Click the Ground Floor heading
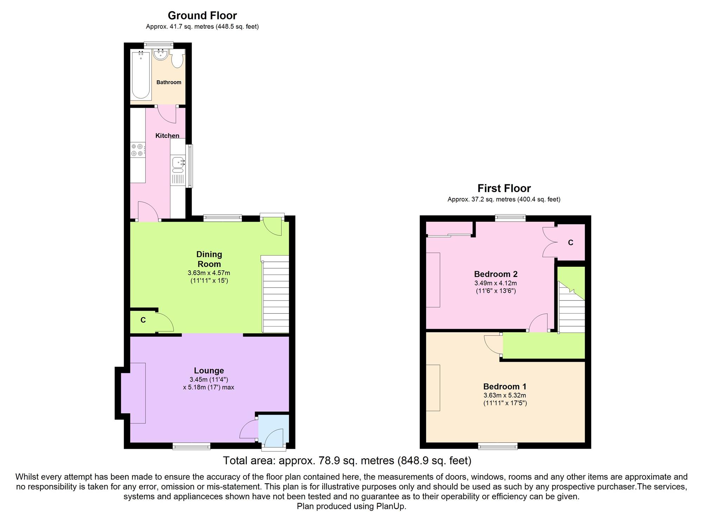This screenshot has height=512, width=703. point(202,15)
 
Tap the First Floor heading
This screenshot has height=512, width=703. point(504,188)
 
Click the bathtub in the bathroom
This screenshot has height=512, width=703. point(141,75)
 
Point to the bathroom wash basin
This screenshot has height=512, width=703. point(161,55)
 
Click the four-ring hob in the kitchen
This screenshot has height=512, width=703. point(137,150)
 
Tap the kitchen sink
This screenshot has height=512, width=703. point(178,163)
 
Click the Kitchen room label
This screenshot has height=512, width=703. point(167,135)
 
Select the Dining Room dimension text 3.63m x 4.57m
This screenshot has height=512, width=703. point(209,273)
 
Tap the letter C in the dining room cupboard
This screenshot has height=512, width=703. point(143,320)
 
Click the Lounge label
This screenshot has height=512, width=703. point(209,371)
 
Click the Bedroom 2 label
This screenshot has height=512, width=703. point(496,274)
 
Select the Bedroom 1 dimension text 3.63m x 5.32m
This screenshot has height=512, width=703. point(505,395)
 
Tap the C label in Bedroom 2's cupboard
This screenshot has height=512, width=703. point(570,242)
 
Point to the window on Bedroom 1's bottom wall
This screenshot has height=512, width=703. point(497,446)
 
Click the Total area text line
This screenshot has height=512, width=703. point(347,460)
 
